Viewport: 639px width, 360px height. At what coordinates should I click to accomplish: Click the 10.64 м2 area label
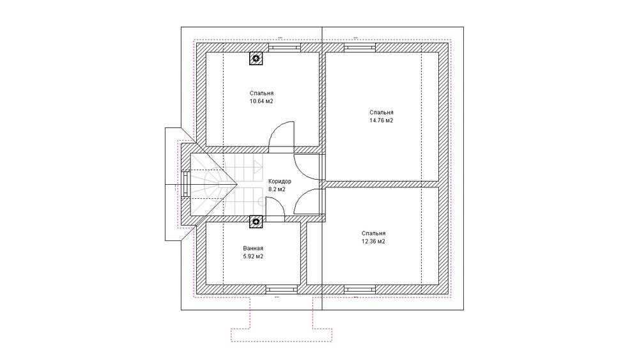(x=261, y=101)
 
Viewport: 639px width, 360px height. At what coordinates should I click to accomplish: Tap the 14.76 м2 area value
(x=381, y=120)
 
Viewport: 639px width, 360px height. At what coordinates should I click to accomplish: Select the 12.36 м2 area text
(x=373, y=241)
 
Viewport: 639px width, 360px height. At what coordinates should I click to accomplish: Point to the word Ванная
(x=253, y=248)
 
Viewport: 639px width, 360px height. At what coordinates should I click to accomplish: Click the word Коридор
(x=280, y=181)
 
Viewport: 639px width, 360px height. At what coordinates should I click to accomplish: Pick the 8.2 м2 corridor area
(x=277, y=189)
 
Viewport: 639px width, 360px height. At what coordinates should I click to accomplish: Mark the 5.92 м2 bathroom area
(x=253, y=256)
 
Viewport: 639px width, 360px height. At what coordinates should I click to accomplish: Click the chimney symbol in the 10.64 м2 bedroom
(x=256, y=58)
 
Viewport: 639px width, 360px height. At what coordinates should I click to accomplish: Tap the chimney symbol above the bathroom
(x=256, y=221)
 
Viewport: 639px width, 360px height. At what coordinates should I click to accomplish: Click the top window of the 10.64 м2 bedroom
(x=284, y=47)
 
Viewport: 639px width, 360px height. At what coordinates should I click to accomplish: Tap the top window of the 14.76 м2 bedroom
(x=359, y=47)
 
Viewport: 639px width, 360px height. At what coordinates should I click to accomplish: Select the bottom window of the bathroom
(x=281, y=290)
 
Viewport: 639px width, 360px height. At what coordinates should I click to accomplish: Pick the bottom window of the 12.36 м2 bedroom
(x=359, y=290)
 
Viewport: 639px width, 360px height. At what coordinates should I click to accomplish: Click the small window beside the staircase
(x=186, y=184)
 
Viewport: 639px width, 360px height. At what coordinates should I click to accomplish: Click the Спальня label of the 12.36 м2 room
(x=373, y=233)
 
